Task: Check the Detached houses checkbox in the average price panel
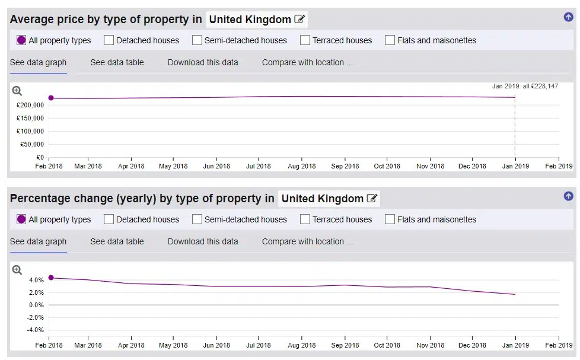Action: [x=109, y=40]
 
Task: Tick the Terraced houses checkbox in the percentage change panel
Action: [x=305, y=219]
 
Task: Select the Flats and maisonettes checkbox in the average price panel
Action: [x=390, y=40]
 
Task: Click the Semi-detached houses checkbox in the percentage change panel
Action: [x=197, y=219]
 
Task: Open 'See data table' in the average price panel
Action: [x=117, y=62]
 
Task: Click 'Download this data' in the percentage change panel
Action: [x=203, y=241]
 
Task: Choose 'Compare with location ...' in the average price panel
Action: [x=307, y=62]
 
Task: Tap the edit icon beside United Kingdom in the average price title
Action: [x=299, y=19]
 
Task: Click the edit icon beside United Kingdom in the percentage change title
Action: [x=372, y=198]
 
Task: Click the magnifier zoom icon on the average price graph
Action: [x=17, y=91]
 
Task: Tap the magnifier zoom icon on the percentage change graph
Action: [x=17, y=270]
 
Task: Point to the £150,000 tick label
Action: [x=30, y=118]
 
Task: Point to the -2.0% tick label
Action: [x=35, y=317]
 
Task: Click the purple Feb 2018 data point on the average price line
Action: [x=51, y=98]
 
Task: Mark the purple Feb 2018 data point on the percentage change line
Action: [x=51, y=278]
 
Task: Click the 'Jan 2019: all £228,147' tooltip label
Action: [x=525, y=86]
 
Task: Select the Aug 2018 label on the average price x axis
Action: [x=302, y=166]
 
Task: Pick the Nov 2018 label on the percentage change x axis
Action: [x=430, y=345]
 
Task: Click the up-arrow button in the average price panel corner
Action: [x=569, y=17]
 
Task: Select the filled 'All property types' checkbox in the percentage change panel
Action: [x=21, y=219]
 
